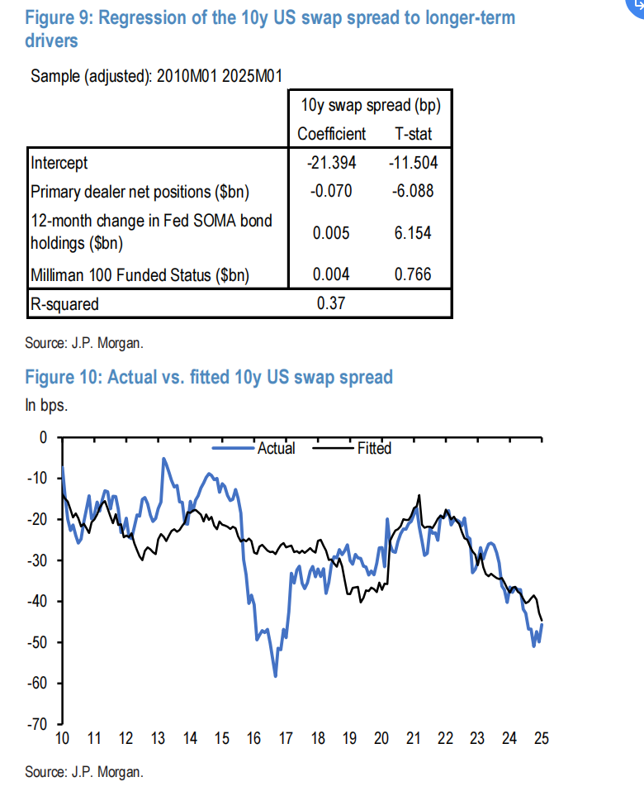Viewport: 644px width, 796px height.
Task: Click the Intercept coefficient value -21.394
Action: (330, 163)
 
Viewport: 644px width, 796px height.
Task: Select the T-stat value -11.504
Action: (413, 163)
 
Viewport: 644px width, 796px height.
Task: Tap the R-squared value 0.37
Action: (330, 303)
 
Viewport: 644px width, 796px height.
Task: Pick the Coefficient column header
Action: (331, 134)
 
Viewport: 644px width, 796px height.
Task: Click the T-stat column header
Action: (413, 134)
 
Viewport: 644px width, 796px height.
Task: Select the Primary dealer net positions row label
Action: (140, 192)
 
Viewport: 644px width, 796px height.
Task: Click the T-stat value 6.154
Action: (413, 232)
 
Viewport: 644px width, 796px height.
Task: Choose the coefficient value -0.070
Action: (330, 192)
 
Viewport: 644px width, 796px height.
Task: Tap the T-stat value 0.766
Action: (413, 274)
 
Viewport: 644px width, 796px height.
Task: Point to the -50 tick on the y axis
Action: (40, 642)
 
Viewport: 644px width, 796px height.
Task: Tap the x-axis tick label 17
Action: (284, 739)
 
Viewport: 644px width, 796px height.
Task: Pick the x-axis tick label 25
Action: (541, 739)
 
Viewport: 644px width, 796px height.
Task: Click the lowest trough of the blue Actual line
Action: (275, 676)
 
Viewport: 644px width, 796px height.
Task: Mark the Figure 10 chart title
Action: (209, 378)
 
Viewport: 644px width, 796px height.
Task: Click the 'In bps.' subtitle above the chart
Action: (46, 406)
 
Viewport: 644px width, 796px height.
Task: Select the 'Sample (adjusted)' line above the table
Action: (157, 77)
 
